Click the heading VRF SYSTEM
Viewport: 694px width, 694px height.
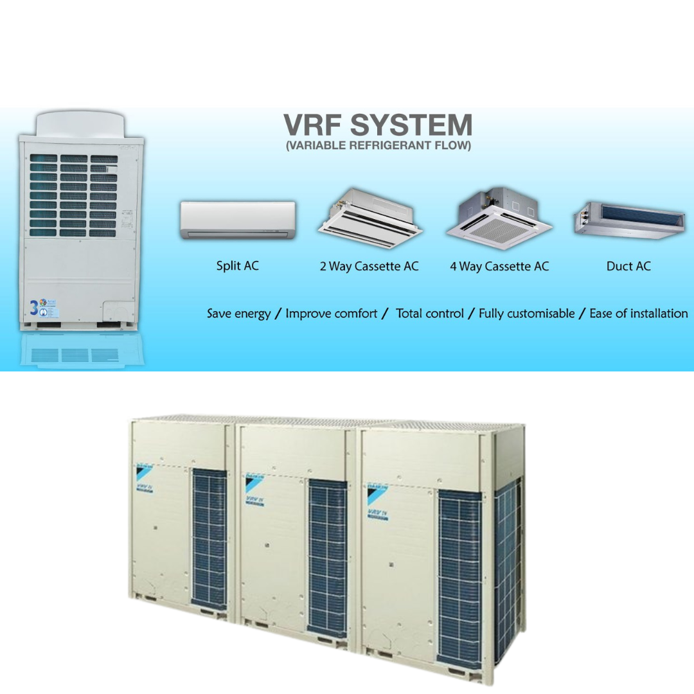pos(378,125)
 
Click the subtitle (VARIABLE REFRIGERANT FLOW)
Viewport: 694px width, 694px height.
pos(378,146)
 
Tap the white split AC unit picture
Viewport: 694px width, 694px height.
pos(238,220)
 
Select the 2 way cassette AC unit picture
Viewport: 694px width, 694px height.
pos(369,218)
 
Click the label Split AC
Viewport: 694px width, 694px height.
pos(237,265)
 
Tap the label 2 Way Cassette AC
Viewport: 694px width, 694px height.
pos(369,266)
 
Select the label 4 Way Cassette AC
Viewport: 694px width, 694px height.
pos(499,266)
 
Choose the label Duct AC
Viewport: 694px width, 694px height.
pos(628,266)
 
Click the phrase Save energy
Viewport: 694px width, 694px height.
pos(238,314)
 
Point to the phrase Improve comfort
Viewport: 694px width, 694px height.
pos(331,314)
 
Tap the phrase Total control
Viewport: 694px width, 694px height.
pos(429,314)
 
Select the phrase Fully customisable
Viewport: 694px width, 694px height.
pos(526,314)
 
